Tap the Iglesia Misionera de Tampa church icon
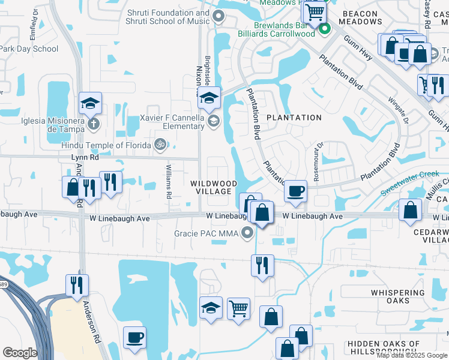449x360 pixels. coord(92,124)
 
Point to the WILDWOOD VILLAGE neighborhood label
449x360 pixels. coord(211,187)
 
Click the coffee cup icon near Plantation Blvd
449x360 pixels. coord(295,191)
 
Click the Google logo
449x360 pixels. coord(20,353)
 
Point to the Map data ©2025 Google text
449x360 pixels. coord(412,355)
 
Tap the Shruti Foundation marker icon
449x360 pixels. coord(218,17)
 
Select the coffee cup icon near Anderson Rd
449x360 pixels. coord(135,337)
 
